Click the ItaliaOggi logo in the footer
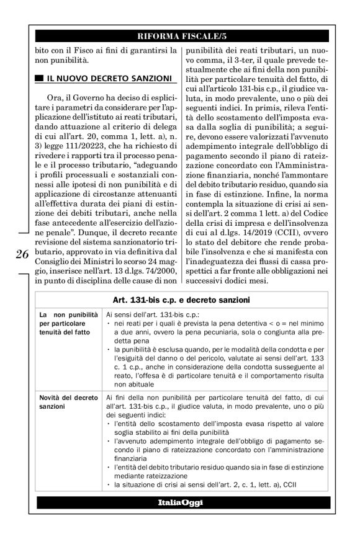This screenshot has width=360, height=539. point(180,502)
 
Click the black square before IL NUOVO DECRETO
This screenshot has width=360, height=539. point(39,78)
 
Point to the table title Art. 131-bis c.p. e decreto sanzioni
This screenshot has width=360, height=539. point(180,300)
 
